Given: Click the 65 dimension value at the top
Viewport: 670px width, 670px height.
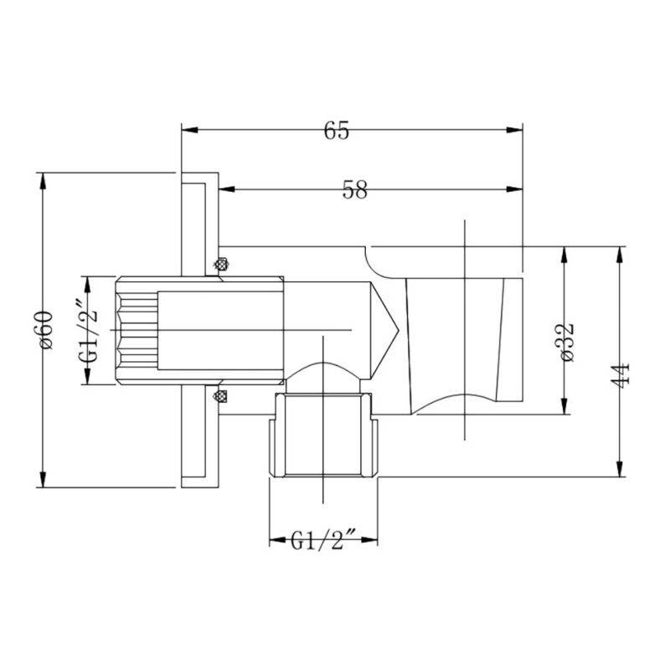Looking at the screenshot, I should [x=336, y=131].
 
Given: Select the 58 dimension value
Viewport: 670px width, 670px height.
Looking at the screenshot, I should [x=354, y=190].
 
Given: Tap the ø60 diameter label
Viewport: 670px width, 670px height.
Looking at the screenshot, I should [x=45, y=330].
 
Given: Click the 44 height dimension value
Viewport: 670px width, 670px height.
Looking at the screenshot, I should [x=620, y=374].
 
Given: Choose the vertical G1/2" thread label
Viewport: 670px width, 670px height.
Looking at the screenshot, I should [x=89, y=330].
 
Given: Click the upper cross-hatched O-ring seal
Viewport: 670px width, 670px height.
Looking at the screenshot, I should [x=221, y=265].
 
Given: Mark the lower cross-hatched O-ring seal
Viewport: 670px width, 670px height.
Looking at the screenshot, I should [x=221, y=394].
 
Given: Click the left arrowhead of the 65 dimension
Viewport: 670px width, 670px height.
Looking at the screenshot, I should [x=188, y=130].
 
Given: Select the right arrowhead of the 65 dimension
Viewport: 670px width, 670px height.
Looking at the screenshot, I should [x=516, y=130].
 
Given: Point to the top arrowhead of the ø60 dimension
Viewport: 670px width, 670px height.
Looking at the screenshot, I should [x=42, y=179].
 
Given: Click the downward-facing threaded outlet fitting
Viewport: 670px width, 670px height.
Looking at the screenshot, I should [x=324, y=435].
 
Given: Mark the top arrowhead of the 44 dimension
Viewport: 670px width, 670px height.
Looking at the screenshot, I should [x=620, y=253].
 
